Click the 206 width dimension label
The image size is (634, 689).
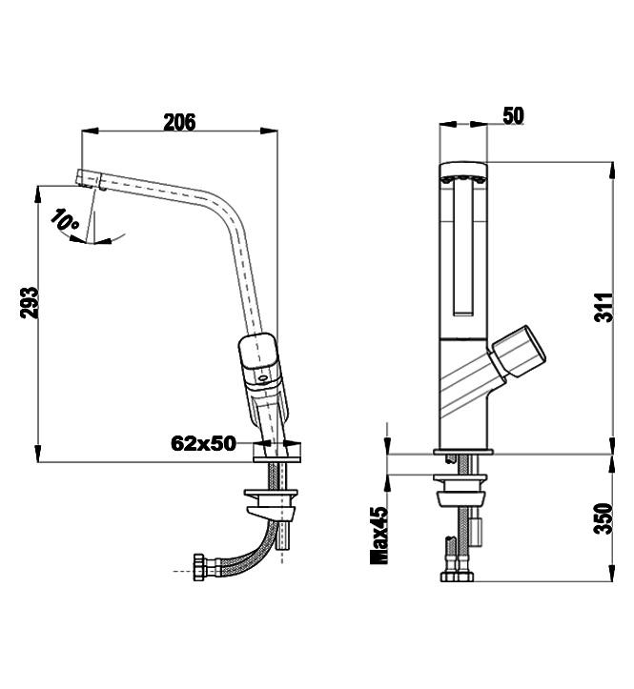tap(179, 122)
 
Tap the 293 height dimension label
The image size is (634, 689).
tap(30, 303)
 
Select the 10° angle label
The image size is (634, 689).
tap(65, 220)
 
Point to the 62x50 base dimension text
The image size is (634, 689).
tap(203, 443)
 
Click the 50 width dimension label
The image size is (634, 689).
tap(514, 115)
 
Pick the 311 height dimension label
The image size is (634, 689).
tap(604, 307)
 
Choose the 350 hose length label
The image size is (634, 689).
tap(604, 519)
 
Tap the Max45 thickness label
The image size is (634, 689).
tap(379, 536)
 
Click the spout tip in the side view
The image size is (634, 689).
tap(91, 179)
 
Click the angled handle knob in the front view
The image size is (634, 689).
tap(518, 352)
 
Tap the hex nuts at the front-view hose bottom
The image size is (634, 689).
tap(457, 576)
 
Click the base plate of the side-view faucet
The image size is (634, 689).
tap(277, 453)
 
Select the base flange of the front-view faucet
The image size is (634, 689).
tap(463, 452)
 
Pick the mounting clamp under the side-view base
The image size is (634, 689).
tap(271, 503)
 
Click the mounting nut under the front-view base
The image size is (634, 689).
tap(460, 492)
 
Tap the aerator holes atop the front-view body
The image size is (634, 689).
tap(463, 179)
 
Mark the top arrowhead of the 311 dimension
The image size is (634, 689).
tap(612, 171)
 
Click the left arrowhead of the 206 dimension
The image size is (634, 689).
tap(90, 131)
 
